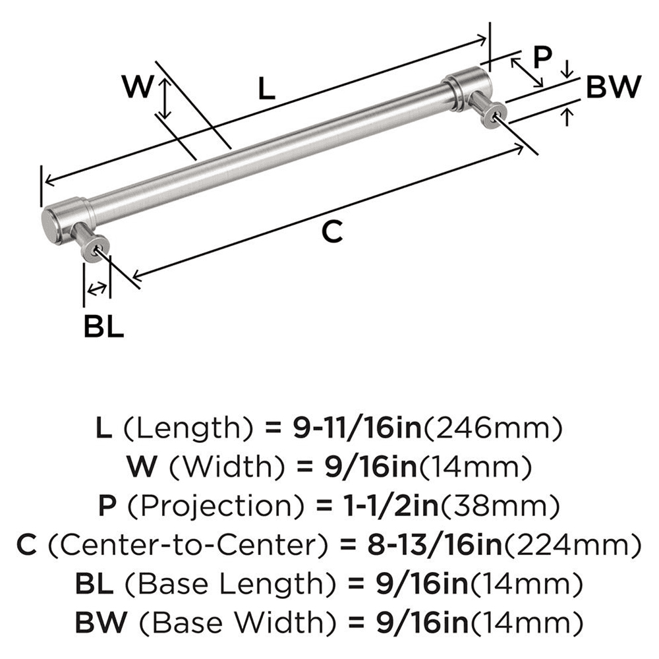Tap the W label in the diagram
coord(140,87)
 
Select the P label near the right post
coord(542,58)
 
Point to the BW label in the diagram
coord(613,87)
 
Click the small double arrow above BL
coord(97,287)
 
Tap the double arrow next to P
coord(527,71)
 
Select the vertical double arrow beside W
coord(165,97)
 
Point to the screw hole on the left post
coord(98,249)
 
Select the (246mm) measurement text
coord(492,429)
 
